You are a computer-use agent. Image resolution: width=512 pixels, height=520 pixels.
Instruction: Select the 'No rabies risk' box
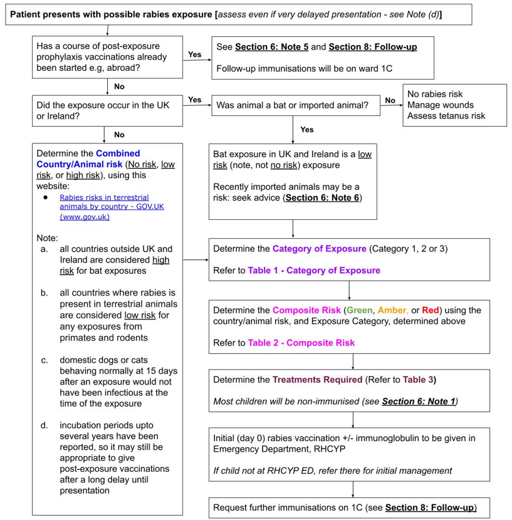[x=454, y=105]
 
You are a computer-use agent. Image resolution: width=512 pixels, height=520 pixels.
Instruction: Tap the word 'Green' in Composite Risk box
[x=360, y=310]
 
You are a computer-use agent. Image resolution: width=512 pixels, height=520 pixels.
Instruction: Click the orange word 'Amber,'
[x=392, y=310]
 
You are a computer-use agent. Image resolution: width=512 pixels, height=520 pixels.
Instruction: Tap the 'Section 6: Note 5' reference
[x=271, y=47]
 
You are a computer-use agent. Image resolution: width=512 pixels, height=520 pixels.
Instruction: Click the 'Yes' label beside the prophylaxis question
[x=194, y=55]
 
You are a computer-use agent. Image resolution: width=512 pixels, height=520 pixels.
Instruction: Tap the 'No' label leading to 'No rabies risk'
[x=390, y=100]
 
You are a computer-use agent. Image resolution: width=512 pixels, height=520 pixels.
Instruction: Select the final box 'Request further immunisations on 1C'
[x=345, y=507]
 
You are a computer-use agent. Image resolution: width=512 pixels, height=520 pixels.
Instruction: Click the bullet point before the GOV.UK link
[x=45, y=197]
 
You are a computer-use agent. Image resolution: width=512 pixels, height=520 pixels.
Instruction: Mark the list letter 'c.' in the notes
[x=45, y=360]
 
